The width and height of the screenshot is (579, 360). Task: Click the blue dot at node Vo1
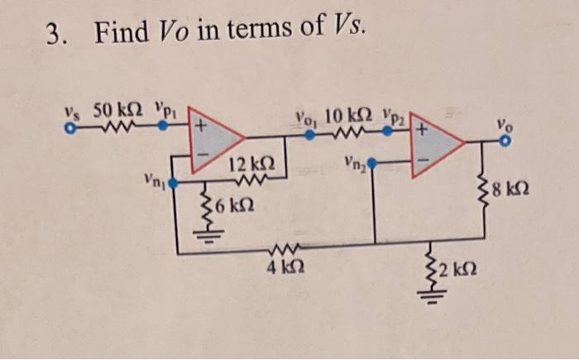[x=309, y=135]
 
